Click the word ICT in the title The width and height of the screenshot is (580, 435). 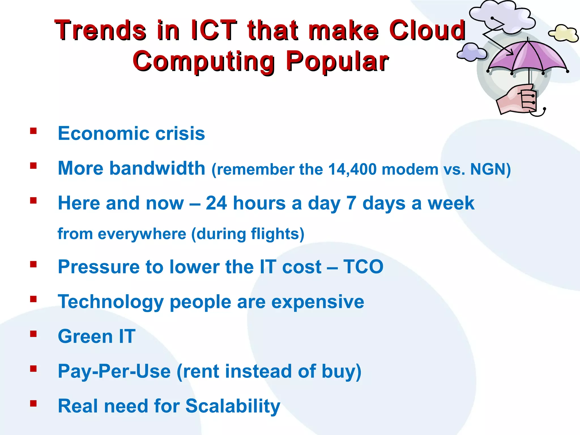tap(214, 30)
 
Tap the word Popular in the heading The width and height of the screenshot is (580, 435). tap(337, 61)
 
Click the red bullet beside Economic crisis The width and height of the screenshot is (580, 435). tap(33, 131)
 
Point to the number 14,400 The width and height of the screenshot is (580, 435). tap(352, 169)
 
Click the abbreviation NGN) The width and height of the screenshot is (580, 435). tap(490, 169)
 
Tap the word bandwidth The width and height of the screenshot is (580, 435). tap(157, 168)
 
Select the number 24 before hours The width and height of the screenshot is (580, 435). tap(216, 203)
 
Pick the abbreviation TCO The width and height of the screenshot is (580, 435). tap(363, 267)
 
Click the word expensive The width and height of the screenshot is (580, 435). tap(317, 302)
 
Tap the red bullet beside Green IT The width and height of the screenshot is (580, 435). tap(33, 334)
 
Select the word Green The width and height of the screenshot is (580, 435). tap(85, 336)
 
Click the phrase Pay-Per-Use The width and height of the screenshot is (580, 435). tap(114, 371)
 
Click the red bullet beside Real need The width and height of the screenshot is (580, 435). tap(33, 403)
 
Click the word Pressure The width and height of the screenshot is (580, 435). tap(99, 267)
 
